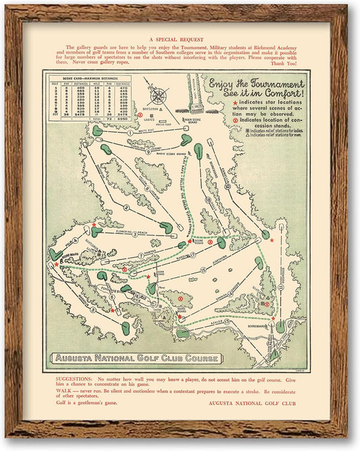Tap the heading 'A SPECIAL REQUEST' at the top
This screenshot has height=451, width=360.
180,39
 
